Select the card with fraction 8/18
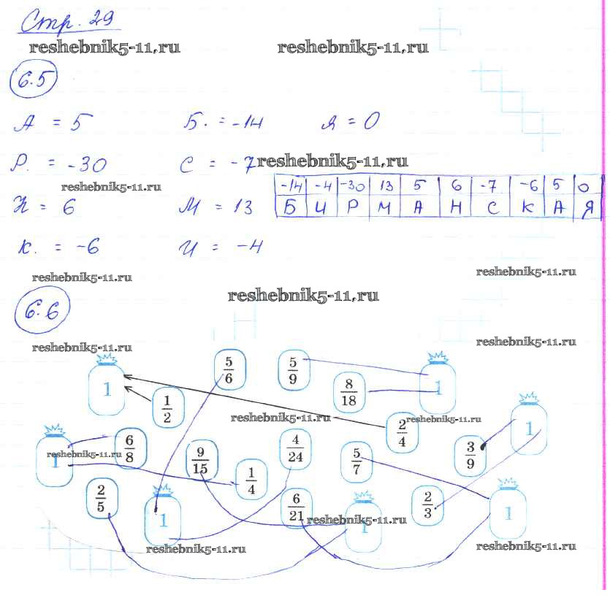[348, 394]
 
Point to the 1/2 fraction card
[167, 408]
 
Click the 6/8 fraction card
[130, 448]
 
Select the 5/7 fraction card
[357, 461]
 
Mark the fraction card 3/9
[470, 456]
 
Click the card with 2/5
[101, 498]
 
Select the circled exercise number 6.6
[40, 315]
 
